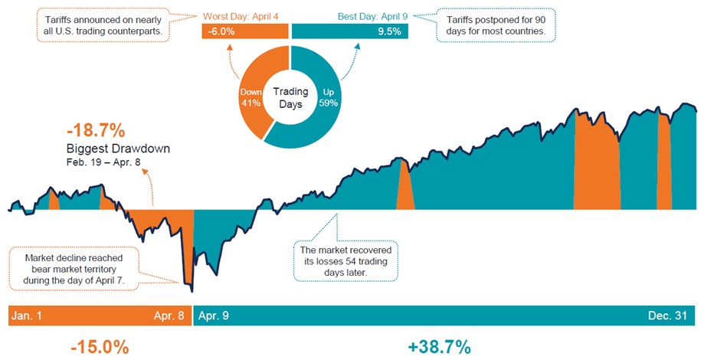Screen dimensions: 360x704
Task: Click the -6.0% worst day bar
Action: click(x=244, y=31)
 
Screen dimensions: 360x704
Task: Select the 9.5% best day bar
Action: click(x=350, y=31)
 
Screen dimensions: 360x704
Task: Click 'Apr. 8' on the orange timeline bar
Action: click(x=169, y=315)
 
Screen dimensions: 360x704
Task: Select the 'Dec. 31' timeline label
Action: click(x=673, y=315)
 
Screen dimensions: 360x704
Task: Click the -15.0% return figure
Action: click(x=99, y=346)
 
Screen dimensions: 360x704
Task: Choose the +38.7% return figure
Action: click(x=439, y=346)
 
